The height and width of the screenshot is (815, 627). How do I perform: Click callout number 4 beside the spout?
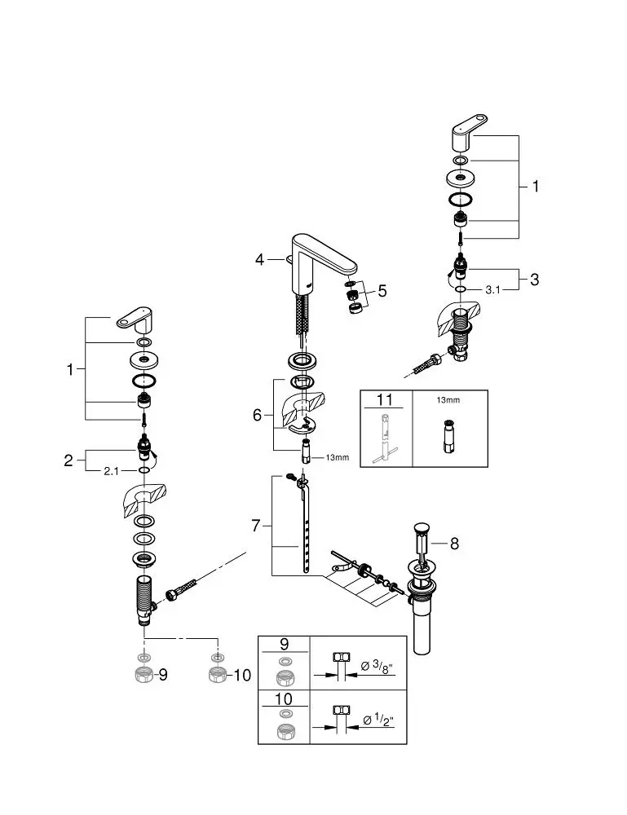[x=259, y=259]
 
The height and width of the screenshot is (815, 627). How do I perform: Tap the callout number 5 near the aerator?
[x=382, y=290]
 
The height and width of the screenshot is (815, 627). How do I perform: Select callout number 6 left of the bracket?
[x=258, y=415]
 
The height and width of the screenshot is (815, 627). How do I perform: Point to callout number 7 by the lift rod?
[x=256, y=526]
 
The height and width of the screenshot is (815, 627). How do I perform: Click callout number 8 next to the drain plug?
[x=454, y=544]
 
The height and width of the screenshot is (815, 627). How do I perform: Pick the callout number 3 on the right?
[x=534, y=280]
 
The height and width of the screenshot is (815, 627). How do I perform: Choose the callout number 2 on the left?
[x=68, y=460]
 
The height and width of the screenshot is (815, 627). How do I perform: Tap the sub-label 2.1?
[x=112, y=471]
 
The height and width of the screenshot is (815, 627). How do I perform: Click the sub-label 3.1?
[x=492, y=289]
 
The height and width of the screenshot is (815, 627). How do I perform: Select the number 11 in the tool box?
[x=384, y=400]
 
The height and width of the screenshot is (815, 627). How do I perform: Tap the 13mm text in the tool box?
[x=448, y=400]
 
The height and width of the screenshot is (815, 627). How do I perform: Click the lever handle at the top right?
[x=469, y=134]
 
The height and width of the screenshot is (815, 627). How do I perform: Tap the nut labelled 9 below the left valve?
[x=144, y=674]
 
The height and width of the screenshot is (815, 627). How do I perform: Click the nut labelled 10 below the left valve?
[x=216, y=674]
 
